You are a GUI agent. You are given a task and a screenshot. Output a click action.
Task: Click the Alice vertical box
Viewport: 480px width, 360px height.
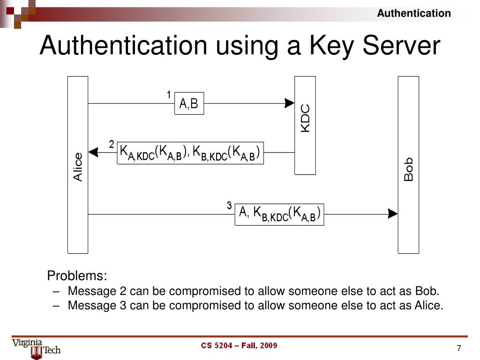point(78,165)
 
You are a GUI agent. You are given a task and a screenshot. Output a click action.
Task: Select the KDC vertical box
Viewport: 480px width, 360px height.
point(305,125)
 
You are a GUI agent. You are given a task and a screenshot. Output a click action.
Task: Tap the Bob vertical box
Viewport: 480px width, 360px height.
point(408,165)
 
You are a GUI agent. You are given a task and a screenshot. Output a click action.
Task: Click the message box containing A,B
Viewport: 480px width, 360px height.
point(189,104)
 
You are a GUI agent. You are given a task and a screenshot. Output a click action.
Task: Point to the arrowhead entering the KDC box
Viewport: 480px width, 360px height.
point(289,103)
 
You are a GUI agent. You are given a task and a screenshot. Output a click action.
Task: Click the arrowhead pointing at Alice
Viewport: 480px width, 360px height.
point(93,152)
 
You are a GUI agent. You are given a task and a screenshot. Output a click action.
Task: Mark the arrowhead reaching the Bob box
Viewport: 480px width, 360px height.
point(393,214)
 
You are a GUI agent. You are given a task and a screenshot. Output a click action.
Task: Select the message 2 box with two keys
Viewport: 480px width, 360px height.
point(190,152)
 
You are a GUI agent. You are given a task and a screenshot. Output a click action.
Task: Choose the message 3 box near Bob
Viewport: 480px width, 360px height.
point(279,214)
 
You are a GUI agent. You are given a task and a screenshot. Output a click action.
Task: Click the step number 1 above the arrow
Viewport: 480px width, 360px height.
point(169,95)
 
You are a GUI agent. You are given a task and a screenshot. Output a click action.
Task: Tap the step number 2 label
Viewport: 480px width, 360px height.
point(112,144)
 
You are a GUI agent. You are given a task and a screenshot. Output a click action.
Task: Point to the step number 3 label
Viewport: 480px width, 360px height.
point(229,205)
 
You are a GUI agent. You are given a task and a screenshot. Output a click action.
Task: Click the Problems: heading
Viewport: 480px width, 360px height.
point(77,275)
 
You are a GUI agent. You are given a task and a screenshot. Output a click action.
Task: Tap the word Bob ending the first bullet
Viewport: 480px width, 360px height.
point(427,291)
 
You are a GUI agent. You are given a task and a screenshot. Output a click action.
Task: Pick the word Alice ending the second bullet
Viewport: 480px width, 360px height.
point(428,306)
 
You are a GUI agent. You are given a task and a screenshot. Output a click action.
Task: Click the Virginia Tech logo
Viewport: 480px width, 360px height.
point(36,348)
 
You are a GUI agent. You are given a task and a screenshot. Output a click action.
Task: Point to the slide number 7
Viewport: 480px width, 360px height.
point(459,348)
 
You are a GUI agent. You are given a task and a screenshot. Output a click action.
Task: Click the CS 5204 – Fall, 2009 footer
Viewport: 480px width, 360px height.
point(239,346)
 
